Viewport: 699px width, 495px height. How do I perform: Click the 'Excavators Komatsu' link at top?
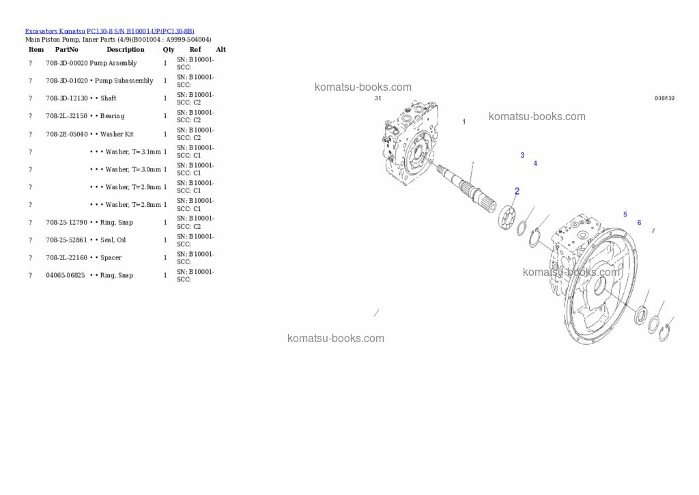pos(55,31)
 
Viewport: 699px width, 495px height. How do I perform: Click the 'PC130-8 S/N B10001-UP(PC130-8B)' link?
pos(140,31)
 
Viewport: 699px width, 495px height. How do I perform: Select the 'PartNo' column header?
pos(66,50)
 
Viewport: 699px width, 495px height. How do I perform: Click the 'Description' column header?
pos(125,50)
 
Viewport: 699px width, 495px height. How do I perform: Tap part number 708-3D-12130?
pos(66,98)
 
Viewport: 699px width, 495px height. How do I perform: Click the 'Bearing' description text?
pos(112,116)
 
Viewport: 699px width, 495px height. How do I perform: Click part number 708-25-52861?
pos(66,240)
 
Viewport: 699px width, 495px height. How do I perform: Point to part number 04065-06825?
pos(65,276)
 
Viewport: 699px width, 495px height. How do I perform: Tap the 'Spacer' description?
pos(111,258)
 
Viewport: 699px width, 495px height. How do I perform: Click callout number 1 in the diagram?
pos(464,122)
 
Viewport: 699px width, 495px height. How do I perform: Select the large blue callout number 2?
pos(517,191)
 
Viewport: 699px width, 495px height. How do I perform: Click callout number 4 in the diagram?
pos(535,164)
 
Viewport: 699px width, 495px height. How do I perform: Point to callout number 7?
pos(653,231)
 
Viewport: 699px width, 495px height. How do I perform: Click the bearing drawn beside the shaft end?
pos(508,216)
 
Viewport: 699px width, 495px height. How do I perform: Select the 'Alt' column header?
pos(220,50)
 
